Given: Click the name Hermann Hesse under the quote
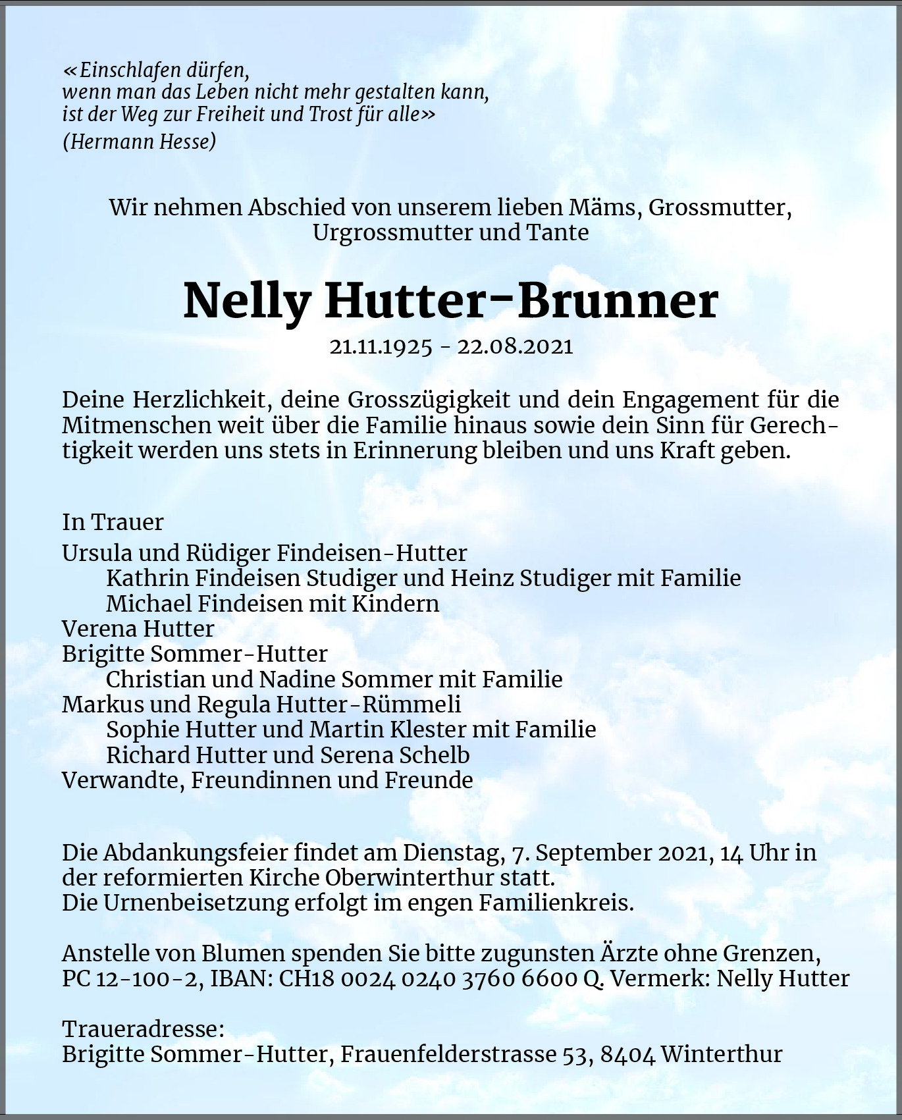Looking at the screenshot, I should point(140,141).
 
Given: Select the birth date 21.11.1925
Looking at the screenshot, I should point(381,346).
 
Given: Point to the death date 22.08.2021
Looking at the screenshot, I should point(515,346).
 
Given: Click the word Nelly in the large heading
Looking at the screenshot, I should point(247,302).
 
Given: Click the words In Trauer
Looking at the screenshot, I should point(113,522).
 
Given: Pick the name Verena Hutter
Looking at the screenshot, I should point(138,629).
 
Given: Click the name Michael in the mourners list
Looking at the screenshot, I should point(148,604).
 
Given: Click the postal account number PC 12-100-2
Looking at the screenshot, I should point(132,978).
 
